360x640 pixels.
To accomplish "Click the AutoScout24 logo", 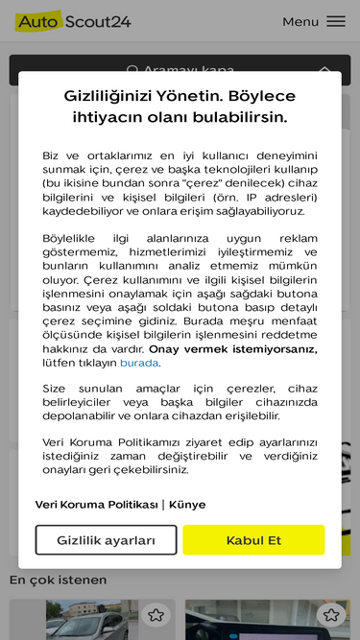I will pyautogui.click(x=73, y=21).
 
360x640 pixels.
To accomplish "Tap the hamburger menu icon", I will pyautogui.click(x=336, y=21).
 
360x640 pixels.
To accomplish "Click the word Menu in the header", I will pyautogui.click(x=300, y=21).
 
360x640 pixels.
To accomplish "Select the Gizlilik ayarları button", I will pyautogui.click(x=106, y=540).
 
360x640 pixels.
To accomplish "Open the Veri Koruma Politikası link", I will pyautogui.click(x=96, y=505).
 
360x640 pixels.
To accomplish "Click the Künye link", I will pyautogui.click(x=187, y=505).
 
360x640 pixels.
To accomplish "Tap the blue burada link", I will pyautogui.click(x=139, y=363).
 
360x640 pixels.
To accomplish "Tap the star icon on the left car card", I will pyautogui.click(x=156, y=614).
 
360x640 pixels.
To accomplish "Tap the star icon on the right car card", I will pyautogui.click(x=331, y=614).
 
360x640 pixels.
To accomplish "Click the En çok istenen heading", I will pyautogui.click(x=58, y=580).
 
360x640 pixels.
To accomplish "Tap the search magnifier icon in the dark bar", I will pyautogui.click(x=133, y=70).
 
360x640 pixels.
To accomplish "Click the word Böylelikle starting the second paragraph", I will pyautogui.click(x=75, y=238).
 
